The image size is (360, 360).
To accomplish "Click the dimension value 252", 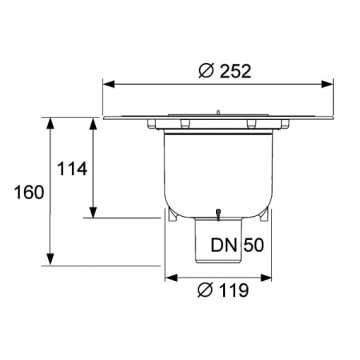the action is (235, 71).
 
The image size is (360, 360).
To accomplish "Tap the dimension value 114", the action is (72, 169).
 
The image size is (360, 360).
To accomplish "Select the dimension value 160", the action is (29, 192).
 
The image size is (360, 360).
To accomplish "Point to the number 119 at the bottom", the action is (234, 290).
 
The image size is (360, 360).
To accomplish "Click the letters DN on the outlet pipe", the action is (224, 245).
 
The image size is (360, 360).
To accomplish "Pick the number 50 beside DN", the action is (254, 245).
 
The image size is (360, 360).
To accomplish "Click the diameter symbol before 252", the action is (206, 71).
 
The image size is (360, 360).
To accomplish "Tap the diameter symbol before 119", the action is (205, 290).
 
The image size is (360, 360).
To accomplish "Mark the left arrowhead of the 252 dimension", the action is (109, 84).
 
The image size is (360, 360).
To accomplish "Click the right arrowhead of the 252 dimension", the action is (327, 84).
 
